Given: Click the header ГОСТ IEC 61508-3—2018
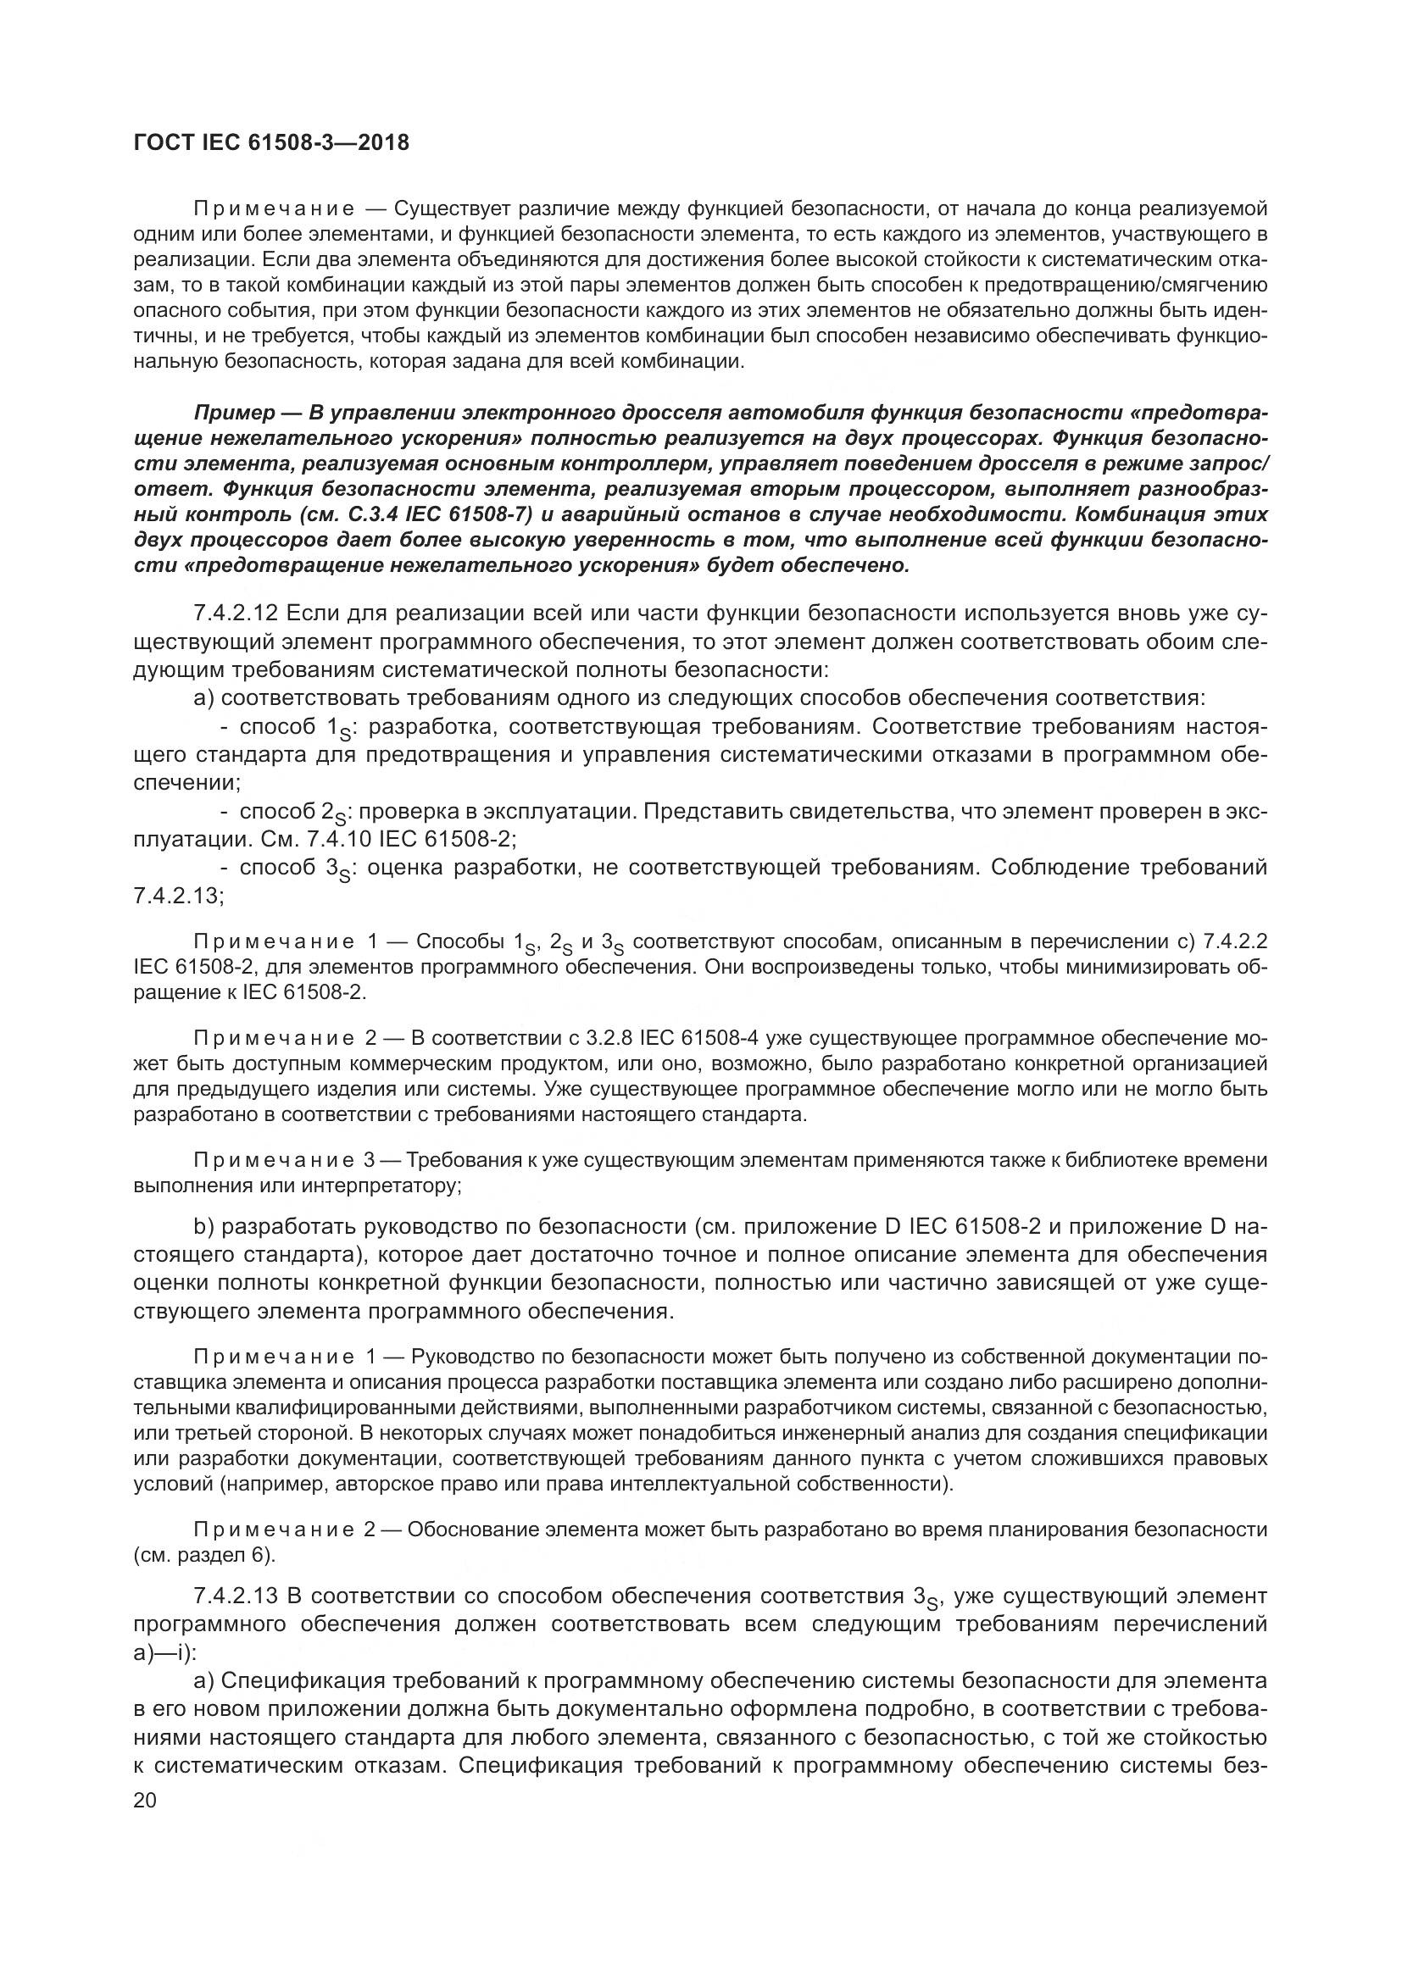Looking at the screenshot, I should tap(271, 142).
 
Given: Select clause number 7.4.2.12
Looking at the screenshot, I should tap(234, 613).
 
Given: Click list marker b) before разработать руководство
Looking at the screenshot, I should tap(204, 1227).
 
